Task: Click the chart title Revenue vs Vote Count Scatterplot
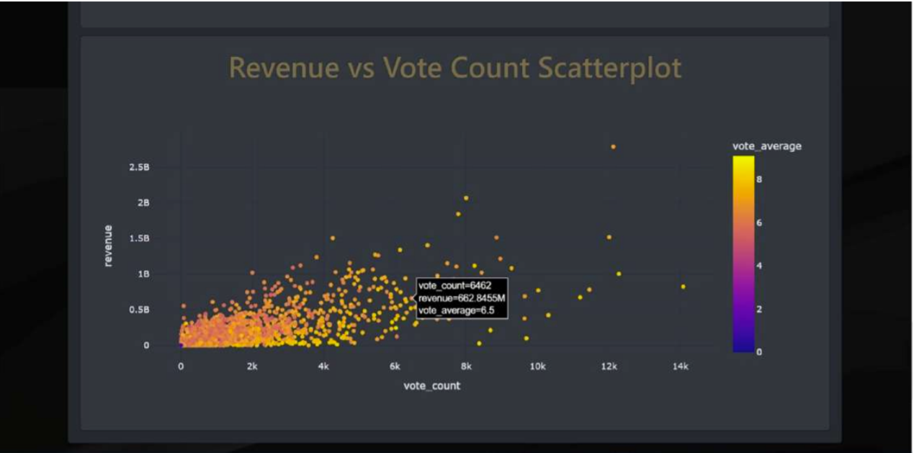(454, 68)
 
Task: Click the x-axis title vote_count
(431, 386)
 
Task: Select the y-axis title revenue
(108, 246)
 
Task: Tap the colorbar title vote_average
(766, 146)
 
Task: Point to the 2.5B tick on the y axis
(140, 167)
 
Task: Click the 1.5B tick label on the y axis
(140, 238)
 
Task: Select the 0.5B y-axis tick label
(140, 310)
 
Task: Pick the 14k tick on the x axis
(680, 367)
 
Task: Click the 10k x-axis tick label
(537, 367)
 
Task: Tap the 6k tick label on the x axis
(395, 367)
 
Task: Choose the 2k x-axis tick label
(252, 367)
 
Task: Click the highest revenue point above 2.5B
(613, 147)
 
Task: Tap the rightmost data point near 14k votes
(683, 287)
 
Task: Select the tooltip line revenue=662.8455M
(462, 298)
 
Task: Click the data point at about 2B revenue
(466, 198)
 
